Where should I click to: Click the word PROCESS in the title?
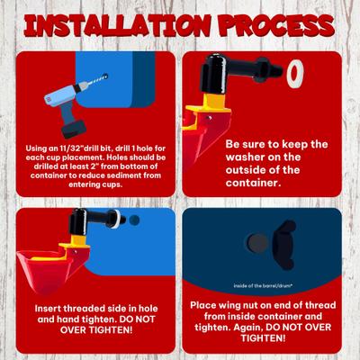[x=276, y=25]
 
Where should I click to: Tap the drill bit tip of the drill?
[x=105, y=76]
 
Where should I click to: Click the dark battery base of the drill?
[x=74, y=129]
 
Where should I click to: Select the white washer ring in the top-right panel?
[x=295, y=74]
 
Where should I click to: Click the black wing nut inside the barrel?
[x=284, y=245]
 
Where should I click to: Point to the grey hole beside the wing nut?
[x=257, y=244]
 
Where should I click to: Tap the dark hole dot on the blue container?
[x=135, y=220]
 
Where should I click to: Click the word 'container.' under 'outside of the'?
[x=254, y=183]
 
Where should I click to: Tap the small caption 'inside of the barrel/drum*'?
[x=263, y=286]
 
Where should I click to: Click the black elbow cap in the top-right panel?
[x=213, y=73]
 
